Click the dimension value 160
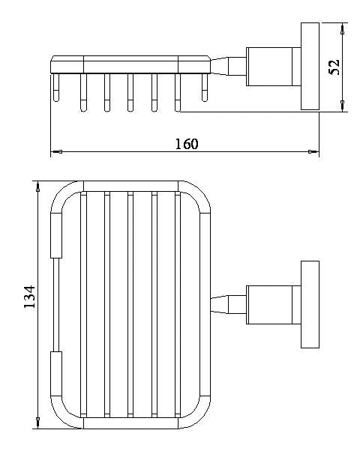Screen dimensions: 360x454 (187, 144)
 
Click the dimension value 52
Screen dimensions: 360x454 (334, 67)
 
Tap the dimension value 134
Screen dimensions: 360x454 (29, 297)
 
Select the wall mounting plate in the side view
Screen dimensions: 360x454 (310, 67)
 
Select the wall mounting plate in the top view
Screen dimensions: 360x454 (310, 304)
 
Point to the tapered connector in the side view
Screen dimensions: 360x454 (228, 67)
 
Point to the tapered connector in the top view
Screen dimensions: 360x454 (228, 305)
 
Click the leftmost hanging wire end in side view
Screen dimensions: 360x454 (56, 88)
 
